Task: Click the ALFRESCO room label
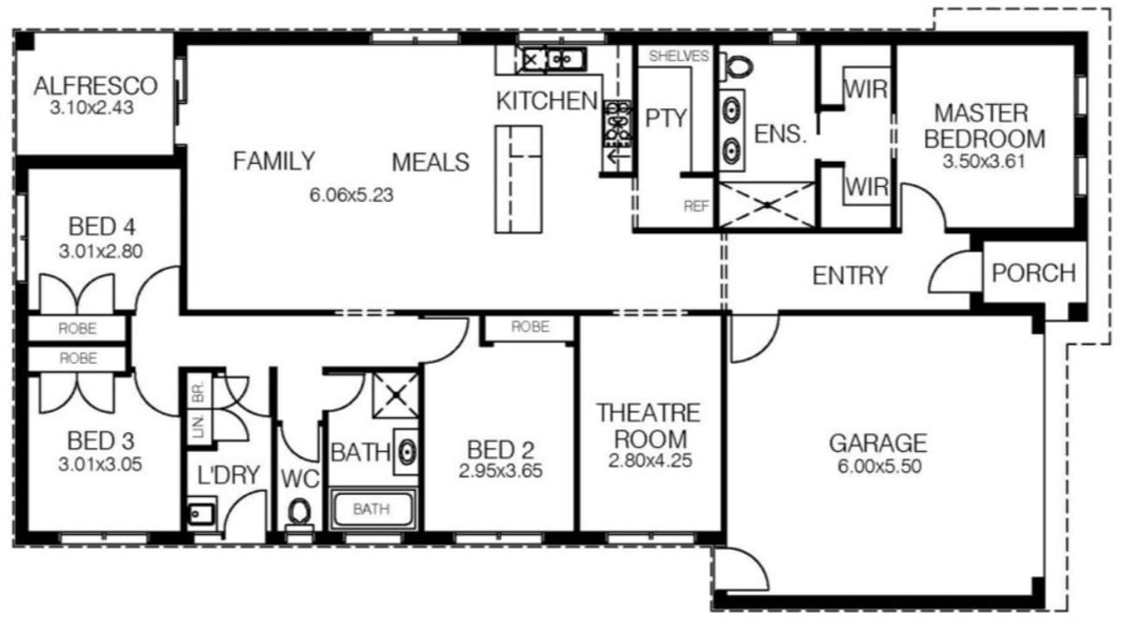[x=95, y=87]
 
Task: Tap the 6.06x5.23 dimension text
[x=350, y=195]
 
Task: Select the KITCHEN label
[x=547, y=101]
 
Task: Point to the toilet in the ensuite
[x=737, y=67]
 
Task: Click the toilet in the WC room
[x=299, y=513]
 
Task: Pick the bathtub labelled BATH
[x=372, y=510]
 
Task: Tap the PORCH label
[x=1033, y=273]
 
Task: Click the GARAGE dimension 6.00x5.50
[x=877, y=465]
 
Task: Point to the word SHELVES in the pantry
[x=678, y=56]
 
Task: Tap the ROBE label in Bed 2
[x=530, y=328]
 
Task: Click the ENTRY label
[x=849, y=276]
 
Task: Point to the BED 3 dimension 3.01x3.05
[x=100, y=463]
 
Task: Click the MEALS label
[x=430, y=162]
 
